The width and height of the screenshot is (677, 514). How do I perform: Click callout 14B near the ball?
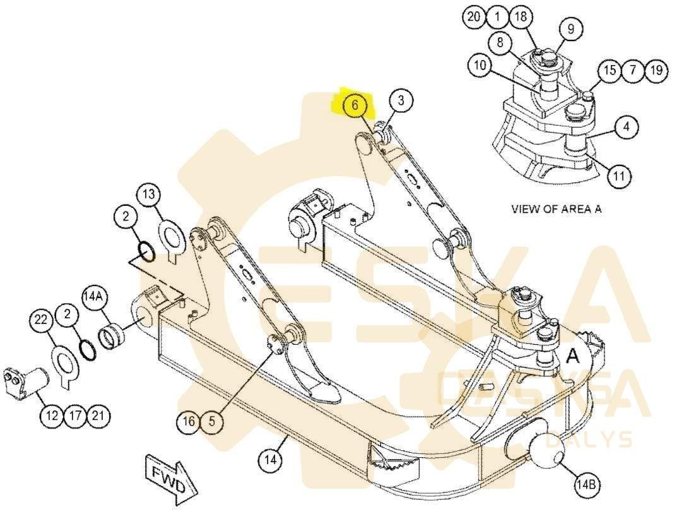pyautogui.click(x=586, y=485)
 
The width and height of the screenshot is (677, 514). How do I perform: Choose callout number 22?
pyautogui.click(x=41, y=321)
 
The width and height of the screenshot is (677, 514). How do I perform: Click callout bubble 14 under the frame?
pyautogui.click(x=270, y=460)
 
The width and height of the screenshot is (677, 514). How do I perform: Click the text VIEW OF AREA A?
pyautogui.click(x=556, y=209)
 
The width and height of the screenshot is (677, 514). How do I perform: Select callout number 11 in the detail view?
pyautogui.click(x=619, y=176)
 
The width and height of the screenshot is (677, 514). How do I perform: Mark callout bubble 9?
pyautogui.click(x=570, y=28)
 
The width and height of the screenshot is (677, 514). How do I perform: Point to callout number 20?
pyautogui.click(x=474, y=17)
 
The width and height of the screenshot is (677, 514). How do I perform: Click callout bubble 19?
pyautogui.click(x=656, y=70)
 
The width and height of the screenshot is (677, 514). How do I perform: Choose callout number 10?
pyautogui.click(x=480, y=66)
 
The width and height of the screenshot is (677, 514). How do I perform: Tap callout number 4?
pyautogui.click(x=625, y=126)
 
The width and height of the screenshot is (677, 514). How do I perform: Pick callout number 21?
pyautogui.click(x=98, y=415)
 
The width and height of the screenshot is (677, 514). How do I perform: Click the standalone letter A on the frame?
pyautogui.click(x=573, y=356)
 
